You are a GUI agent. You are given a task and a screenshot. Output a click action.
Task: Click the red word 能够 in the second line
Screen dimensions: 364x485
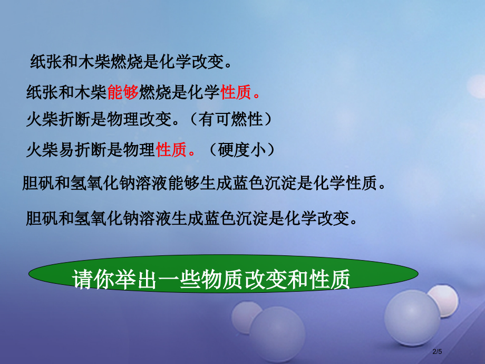[122, 93]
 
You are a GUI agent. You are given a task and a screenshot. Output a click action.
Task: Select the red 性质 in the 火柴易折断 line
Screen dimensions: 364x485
[171, 151]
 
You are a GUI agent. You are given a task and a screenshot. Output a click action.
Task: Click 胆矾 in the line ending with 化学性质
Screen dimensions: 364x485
[38, 184]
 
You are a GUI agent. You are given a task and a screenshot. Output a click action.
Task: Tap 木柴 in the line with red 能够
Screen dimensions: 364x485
[92, 93]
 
